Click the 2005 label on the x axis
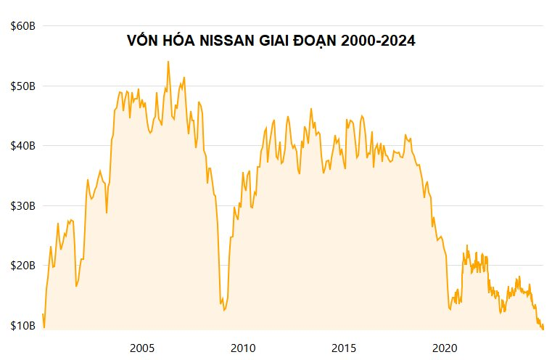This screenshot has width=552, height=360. (141, 347)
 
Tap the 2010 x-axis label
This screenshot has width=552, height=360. (243, 347)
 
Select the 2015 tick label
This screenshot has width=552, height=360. (345, 347)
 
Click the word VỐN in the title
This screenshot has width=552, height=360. (142, 41)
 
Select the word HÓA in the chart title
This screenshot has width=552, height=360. (177, 41)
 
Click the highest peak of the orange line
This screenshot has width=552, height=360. (168, 62)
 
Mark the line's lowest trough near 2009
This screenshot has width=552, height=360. (224, 311)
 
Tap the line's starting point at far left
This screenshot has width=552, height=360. (43, 314)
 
